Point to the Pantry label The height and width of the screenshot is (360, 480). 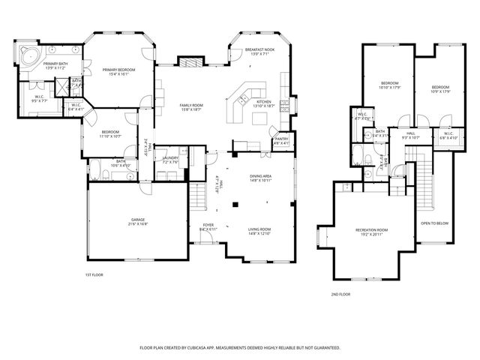(x=281, y=140)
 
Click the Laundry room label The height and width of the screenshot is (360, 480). (x=170, y=160)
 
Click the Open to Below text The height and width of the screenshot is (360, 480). (x=435, y=223)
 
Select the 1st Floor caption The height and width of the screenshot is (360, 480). (x=94, y=275)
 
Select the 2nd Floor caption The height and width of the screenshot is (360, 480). (x=340, y=295)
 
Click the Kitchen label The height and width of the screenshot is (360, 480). (x=264, y=103)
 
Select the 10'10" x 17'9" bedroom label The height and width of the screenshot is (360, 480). (x=389, y=85)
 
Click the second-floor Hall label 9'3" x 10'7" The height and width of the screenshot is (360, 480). (x=410, y=136)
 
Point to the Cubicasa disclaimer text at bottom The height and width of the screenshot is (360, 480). (x=240, y=348)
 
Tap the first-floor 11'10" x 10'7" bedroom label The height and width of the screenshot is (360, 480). (x=110, y=133)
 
